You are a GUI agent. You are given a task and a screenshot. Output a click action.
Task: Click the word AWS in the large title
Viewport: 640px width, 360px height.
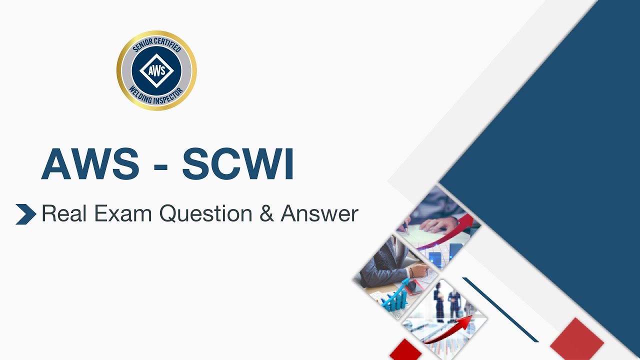click(x=90, y=164)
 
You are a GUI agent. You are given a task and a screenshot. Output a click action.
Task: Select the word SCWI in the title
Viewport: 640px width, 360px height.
click(x=237, y=164)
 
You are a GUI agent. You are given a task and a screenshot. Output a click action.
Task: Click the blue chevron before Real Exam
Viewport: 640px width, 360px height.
click(x=25, y=214)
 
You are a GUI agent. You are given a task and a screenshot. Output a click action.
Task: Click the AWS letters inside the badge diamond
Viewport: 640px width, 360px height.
click(x=156, y=70)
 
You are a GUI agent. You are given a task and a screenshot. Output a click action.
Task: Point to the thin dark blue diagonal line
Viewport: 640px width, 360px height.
click(x=500, y=310)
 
